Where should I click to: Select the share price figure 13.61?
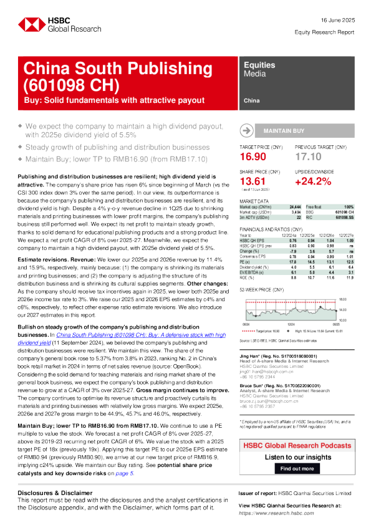252,181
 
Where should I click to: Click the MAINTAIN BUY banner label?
284,132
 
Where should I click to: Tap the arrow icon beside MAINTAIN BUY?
247,132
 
